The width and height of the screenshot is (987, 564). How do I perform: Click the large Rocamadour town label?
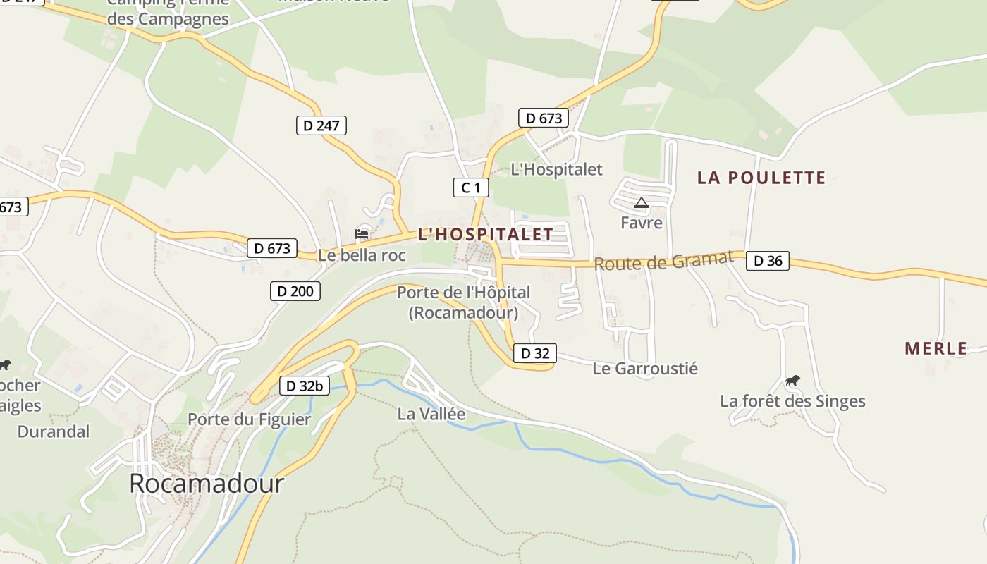[207, 483]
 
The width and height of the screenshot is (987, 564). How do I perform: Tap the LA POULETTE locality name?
[761, 178]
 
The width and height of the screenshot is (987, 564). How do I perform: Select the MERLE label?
[936, 348]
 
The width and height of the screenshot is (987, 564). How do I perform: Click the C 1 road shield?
[470, 188]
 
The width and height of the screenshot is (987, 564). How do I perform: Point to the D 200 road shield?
[295, 290]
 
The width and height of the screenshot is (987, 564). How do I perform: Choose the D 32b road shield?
[305, 386]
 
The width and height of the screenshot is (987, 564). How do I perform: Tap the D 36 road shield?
[767, 261]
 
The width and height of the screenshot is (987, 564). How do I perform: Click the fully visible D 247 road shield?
[321, 125]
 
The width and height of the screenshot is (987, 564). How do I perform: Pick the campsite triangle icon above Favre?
[641, 203]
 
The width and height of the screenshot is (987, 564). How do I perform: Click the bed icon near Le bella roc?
[362, 233]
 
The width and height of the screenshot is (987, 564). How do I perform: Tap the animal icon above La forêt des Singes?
[792, 381]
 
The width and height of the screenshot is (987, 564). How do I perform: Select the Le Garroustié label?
[644, 368]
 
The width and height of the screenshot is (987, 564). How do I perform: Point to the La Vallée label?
[431, 414]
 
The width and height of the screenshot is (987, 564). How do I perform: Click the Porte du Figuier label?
[249, 419]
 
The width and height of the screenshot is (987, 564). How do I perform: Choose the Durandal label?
[54, 431]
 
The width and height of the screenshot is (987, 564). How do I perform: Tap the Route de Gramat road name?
[663, 262]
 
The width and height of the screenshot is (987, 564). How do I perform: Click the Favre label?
[642, 223]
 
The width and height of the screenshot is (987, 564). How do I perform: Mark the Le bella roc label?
[362, 255]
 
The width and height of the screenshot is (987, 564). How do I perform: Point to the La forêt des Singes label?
[792, 401]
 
